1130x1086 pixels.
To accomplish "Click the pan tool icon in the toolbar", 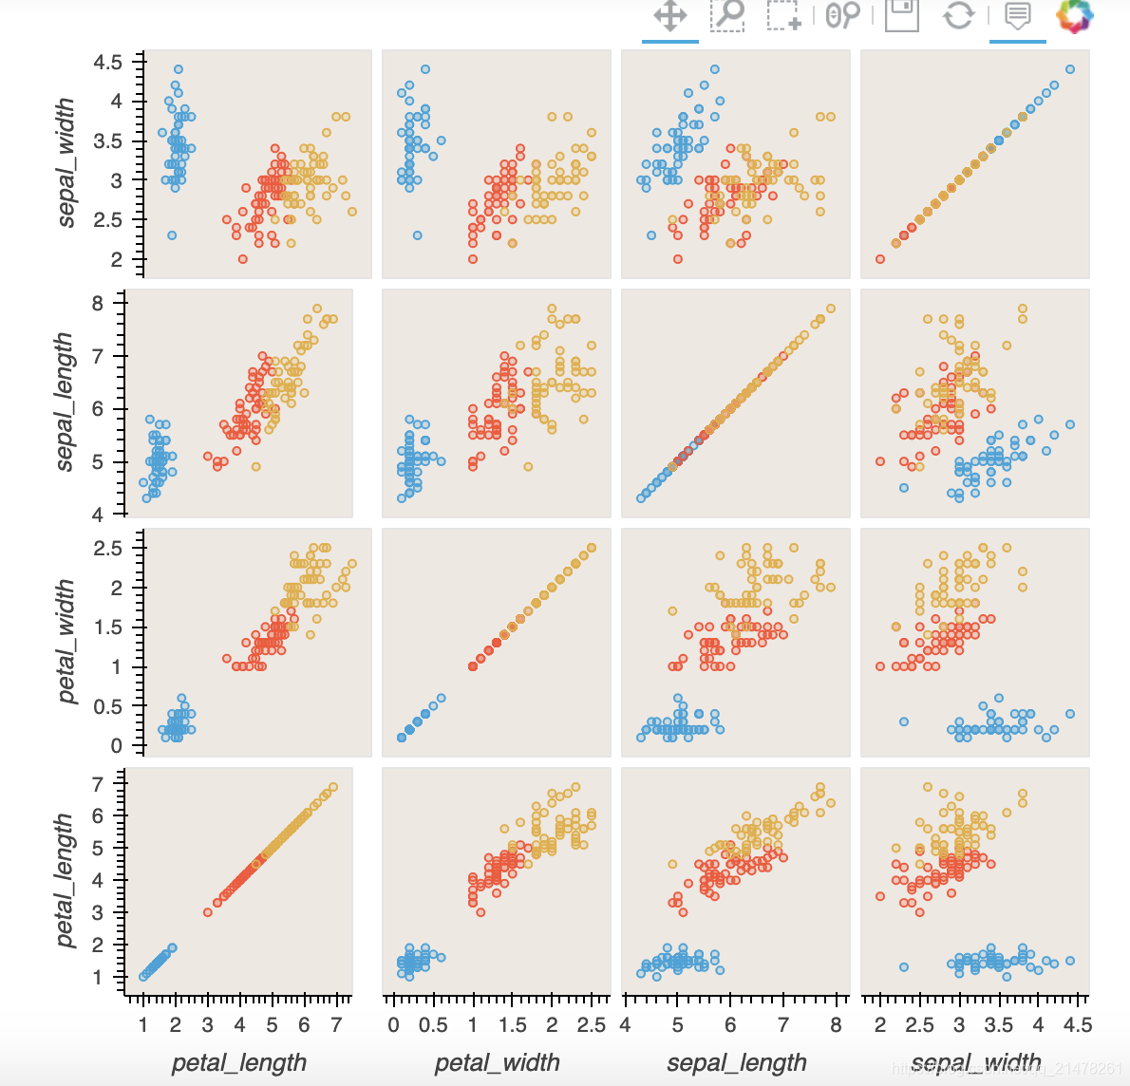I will click(669, 16).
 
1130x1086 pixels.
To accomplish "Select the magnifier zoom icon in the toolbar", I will click(728, 14).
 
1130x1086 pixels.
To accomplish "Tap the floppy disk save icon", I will click(901, 14).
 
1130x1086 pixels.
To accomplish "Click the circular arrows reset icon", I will click(958, 15).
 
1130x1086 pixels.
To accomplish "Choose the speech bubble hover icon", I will click(1017, 15).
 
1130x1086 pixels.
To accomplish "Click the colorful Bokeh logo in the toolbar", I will click(1075, 15).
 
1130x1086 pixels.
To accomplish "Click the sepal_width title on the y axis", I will click(66, 162).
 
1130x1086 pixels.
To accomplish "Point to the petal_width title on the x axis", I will click(497, 1062).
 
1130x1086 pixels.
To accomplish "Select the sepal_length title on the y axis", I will click(64, 402).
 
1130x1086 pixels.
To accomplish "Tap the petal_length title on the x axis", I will click(239, 1062).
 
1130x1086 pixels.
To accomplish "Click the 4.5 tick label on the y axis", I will click(107, 63).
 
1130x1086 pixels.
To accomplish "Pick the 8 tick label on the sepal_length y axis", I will click(97, 304).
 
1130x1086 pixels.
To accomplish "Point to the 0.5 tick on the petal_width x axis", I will click(433, 1025).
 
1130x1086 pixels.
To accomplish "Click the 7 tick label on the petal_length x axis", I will click(335, 1025).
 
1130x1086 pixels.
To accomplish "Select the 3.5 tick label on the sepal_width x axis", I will click(998, 1025).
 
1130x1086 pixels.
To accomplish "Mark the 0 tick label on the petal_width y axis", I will click(116, 746).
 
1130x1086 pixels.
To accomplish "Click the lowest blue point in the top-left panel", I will click(172, 235).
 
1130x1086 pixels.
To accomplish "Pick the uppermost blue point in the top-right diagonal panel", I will click(1070, 69).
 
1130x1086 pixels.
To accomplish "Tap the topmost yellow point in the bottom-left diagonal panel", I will click(332, 787).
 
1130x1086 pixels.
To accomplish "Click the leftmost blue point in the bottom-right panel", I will click(904, 967).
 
